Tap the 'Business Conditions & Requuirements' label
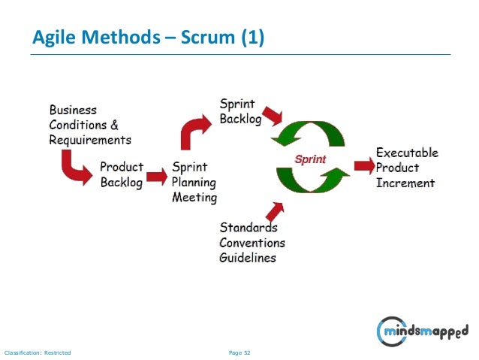pyautogui.click(x=89, y=125)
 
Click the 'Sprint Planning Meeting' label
pyautogui.click(x=194, y=183)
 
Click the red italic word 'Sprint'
pyautogui.click(x=309, y=160)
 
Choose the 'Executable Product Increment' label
pyautogui.click(x=406, y=168)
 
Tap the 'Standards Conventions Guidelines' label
pyautogui.click(x=252, y=243)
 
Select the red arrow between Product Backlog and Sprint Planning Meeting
pyautogui.click(x=156, y=177)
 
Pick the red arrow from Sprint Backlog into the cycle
pyautogui.click(x=270, y=113)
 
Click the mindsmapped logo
pyautogui.click(x=423, y=331)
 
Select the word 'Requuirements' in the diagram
pyautogui.click(x=90, y=140)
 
